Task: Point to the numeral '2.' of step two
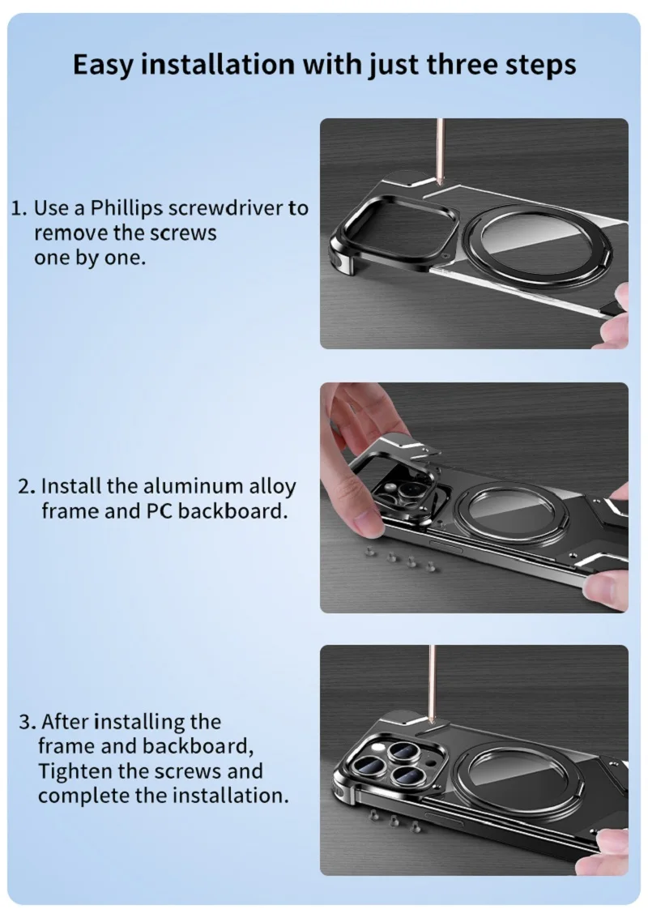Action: (x=27, y=487)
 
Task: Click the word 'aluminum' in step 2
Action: (x=193, y=487)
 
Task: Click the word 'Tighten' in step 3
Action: (x=74, y=770)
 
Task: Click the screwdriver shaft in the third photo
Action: (x=433, y=681)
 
